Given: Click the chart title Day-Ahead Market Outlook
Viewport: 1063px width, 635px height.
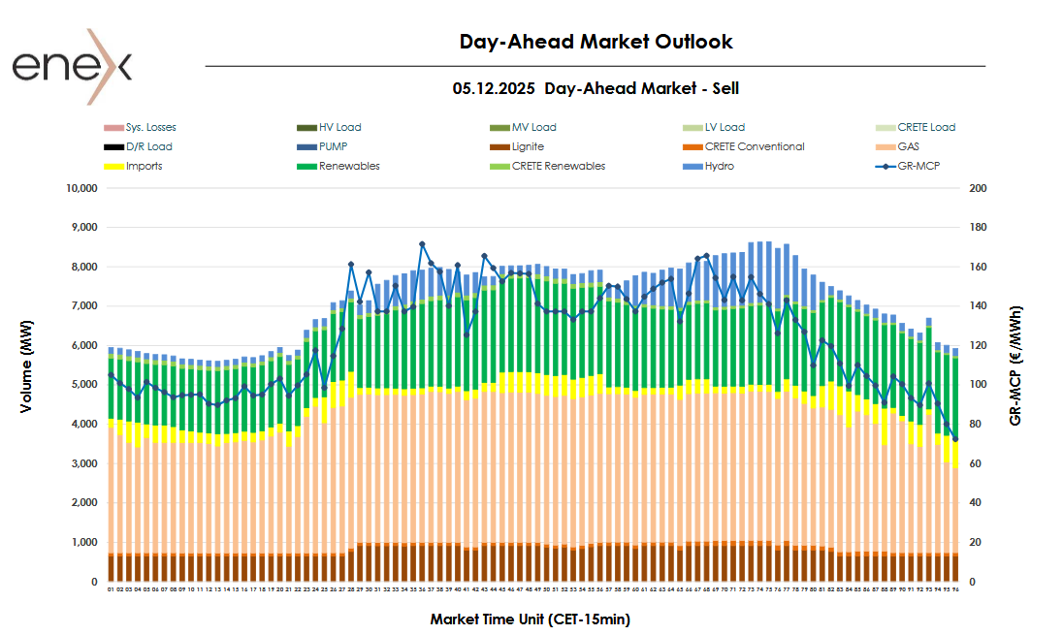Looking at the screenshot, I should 596,42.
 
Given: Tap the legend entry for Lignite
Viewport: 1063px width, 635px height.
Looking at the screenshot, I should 528,146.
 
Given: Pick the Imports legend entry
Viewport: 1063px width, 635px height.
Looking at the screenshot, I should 144,166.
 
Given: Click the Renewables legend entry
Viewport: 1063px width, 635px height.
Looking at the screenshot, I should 349,166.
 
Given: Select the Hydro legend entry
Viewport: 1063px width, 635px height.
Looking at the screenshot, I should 720,166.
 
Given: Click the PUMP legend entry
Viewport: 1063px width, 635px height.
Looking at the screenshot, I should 334,146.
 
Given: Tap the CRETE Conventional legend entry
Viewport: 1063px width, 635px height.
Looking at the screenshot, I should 755,146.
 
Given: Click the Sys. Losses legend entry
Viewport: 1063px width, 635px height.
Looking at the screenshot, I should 150,127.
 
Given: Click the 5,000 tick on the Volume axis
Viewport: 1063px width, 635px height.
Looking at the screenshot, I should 81,385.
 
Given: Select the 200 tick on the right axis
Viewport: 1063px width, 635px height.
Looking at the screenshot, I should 978,188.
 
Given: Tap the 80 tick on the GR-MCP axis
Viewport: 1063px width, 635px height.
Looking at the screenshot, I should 975,425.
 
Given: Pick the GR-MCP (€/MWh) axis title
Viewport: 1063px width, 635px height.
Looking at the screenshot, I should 1016,365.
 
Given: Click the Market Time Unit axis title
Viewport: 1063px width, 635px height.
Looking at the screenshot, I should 536,619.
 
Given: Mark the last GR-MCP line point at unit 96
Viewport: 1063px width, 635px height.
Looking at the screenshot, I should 954,439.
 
